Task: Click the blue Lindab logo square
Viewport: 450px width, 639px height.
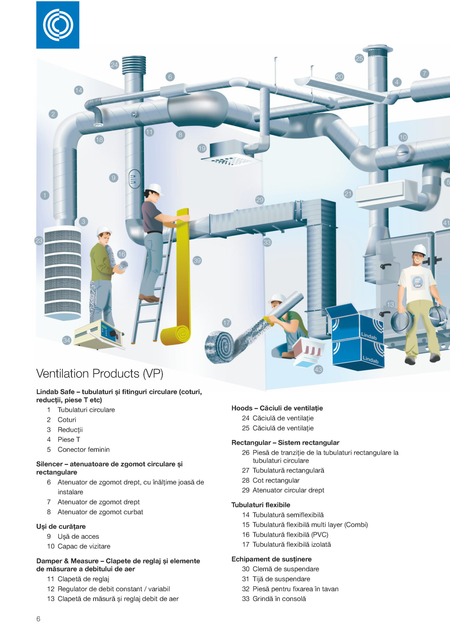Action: pos(58,25)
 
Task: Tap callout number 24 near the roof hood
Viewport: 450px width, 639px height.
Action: pos(114,65)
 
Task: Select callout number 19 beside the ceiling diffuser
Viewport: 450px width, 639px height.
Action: pos(202,148)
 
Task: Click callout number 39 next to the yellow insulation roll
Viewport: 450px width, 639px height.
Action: pos(197,261)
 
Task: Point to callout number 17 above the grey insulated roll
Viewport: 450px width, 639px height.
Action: pos(227,323)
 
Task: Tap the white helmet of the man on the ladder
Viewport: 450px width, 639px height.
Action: pos(154,189)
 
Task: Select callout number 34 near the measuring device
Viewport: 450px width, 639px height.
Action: pos(66,340)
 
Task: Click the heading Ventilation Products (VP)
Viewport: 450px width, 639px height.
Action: pos(100,374)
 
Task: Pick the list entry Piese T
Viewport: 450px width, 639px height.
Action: pos(69,440)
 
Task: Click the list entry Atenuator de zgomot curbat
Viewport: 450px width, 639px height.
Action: pos(100,512)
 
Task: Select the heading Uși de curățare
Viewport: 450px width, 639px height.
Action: pos(61,527)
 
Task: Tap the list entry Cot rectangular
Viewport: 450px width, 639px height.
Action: pos(276,481)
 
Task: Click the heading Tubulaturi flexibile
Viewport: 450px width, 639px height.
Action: pos(261,505)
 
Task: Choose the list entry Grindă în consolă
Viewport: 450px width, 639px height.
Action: pos(279,599)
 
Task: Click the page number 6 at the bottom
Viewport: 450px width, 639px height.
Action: pos(38,619)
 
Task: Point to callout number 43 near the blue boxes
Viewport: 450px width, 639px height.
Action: pos(318,370)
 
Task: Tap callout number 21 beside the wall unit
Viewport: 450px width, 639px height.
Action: pos(348,194)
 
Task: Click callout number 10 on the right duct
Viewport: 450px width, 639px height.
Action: pos(403,137)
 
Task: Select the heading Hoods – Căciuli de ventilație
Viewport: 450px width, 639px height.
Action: pos(277,408)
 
